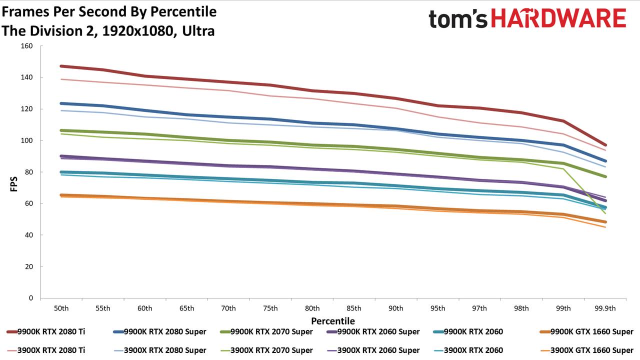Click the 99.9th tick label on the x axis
pyautogui.click(x=605, y=308)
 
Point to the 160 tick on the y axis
pyautogui.click(x=27, y=46)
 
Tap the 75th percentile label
pyautogui.click(x=270, y=308)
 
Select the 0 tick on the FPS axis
pyautogui.click(x=31, y=298)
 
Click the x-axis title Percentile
pyautogui.click(x=333, y=321)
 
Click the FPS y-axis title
pyautogui.click(x=13, y=184)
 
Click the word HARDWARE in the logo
pyautogui.click(x=558, y=18)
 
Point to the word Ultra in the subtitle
pyautogui.click(x=198, y=31)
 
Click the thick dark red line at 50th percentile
pyautogui.click(x=61, y=66)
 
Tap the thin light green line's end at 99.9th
pyautogui.click(x=605, y=213)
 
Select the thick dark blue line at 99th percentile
pyautogui.click(x=563, y=145)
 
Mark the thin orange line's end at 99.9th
pyautogui.click(x=605, y=227)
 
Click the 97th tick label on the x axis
pyautogui.click(x=479, y=308)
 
